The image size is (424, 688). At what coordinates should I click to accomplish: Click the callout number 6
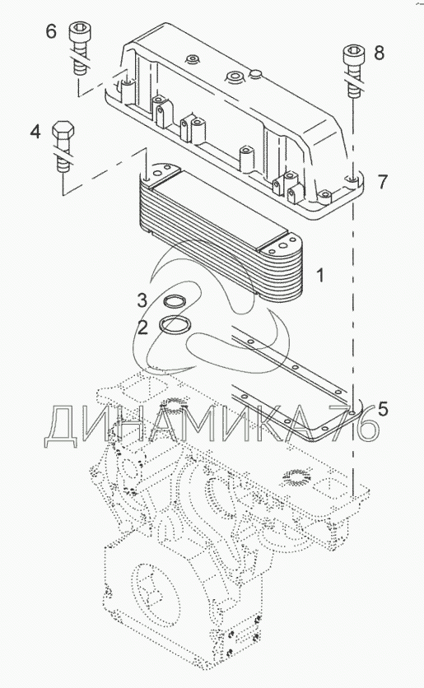[51, 31]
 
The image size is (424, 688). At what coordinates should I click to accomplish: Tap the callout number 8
[379, 53]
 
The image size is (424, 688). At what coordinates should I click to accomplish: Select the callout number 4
[35, 132]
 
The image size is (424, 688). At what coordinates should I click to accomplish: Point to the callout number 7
[383, 182]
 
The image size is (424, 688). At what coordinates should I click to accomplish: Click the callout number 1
[320, 276]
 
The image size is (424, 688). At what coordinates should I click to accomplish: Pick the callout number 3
[142, 300]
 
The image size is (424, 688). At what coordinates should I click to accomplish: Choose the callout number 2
[142, 327]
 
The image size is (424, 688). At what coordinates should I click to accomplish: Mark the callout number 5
[383, 409]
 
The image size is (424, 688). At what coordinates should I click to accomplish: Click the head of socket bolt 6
[79, 33]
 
